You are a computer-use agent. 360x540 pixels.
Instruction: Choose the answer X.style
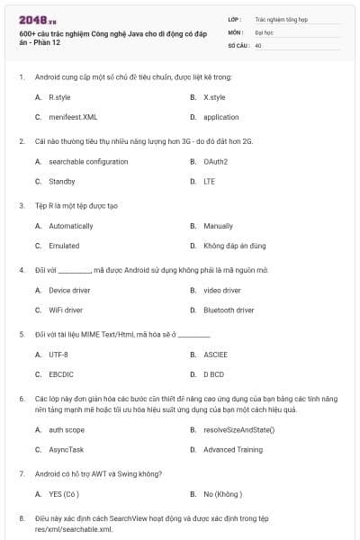214,97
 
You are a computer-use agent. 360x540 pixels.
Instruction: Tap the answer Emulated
64,246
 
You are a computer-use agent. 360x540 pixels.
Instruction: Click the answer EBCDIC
60,373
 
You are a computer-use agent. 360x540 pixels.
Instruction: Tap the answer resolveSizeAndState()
238,429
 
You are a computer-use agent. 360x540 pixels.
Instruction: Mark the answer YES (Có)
65,494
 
